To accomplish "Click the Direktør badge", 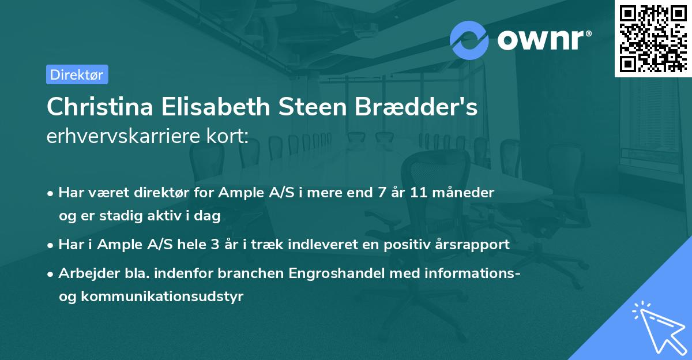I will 77,74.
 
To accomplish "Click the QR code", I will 652,38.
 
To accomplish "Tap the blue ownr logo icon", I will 469,40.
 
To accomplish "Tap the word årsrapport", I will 471,244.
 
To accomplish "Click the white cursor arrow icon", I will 657,325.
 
